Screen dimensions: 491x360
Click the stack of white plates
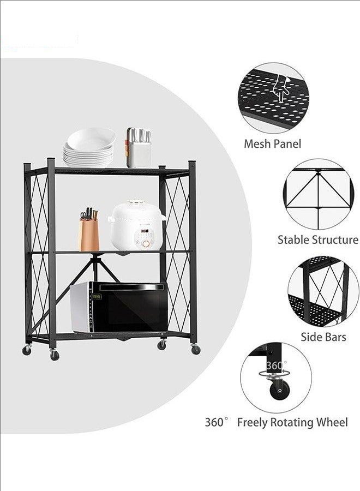coord(89,147)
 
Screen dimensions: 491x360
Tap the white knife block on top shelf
coord(139,148)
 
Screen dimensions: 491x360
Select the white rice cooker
coord(137,226)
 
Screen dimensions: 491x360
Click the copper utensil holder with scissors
coord(89,235)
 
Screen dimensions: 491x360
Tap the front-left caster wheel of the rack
coord(54,355)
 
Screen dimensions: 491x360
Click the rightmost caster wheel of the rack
coord(195,350)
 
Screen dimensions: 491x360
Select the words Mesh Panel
coord(272,145)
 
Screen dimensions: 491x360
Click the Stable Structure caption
coord(318,239)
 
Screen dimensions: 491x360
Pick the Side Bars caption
coord(323,337)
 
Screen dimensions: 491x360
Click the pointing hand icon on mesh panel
coord(281,89)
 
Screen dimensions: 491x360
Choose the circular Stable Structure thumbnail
coord(319,194)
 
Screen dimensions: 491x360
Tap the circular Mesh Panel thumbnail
coord(273,98)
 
